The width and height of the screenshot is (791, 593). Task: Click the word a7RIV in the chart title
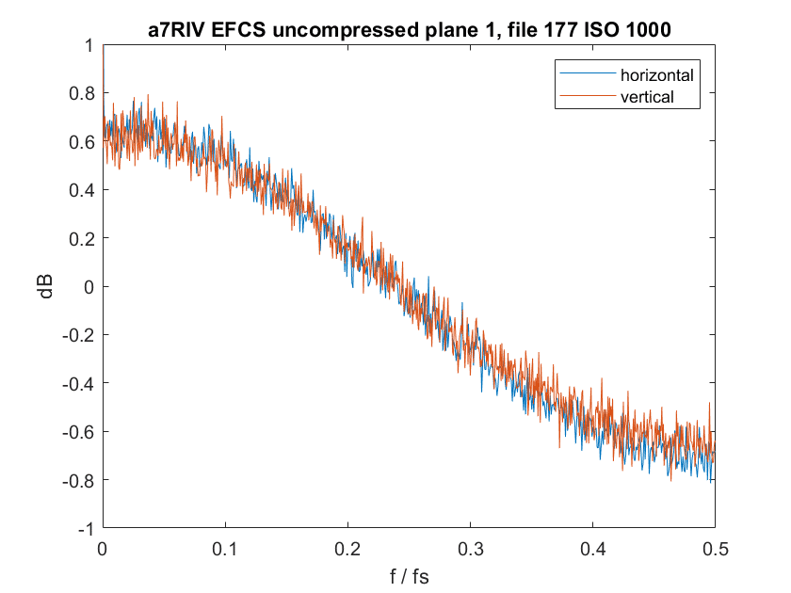[x=176, y=29]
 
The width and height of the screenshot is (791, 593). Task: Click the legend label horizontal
[x=656, y=73]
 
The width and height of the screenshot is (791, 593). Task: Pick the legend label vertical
[x=647, y=96]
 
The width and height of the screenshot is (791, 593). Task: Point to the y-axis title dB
[x=46, y=286]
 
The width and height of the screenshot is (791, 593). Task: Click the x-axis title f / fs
[x=409, y=571]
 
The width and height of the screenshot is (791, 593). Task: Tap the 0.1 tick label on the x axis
[x=225, y=547]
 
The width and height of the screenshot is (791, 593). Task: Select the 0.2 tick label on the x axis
[x=347, y=547]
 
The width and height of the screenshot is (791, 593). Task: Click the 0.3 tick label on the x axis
[x=470, y=547]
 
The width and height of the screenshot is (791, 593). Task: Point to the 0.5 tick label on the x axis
[x=715, y=547]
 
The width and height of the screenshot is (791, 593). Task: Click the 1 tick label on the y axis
[x=88, y=45]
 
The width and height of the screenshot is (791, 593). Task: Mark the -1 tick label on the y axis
[x=84, y=528]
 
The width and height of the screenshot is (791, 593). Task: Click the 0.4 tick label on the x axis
[x=592, y=547]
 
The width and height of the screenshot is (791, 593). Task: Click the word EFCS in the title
[x=238, y=29]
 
